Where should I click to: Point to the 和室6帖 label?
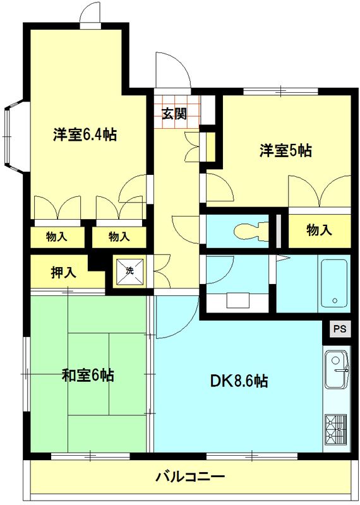coord(88,375)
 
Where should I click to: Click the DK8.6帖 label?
coord(238,381)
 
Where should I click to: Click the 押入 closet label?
coord(64,273)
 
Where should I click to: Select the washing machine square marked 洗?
coord(129,271)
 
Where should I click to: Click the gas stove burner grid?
coord(335,429)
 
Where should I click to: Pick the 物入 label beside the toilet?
coord(319,230)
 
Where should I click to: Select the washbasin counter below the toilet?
coord(237,299)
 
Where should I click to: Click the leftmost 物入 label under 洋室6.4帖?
coord(57,237)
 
